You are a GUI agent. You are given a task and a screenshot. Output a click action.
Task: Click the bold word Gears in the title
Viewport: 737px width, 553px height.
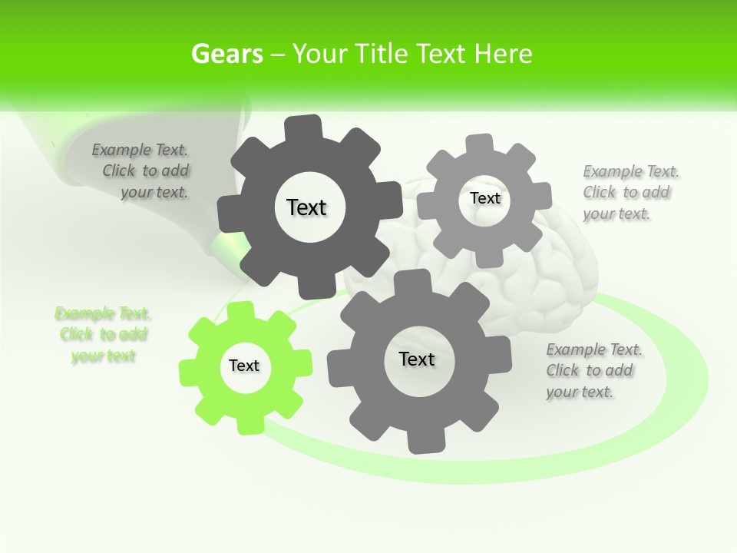click(227, 54)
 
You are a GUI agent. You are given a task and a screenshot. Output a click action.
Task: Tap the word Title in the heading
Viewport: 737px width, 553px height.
click(380, 54)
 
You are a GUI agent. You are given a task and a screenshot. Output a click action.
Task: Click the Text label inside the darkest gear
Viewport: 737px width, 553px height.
click(306, 207)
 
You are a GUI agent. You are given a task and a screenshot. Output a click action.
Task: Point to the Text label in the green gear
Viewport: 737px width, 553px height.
click(244, 366)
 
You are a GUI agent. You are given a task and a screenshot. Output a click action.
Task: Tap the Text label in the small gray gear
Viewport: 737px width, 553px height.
click(484, 198)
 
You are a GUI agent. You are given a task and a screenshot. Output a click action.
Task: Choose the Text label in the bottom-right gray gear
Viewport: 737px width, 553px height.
click(417, 359)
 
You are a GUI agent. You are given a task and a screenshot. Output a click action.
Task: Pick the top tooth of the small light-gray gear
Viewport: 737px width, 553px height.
click(480, 144)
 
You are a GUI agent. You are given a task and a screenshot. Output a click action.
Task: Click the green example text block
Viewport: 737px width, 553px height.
click(103, 335)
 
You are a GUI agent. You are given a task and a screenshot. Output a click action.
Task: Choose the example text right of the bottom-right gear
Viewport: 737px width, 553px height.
click(593, 371)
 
